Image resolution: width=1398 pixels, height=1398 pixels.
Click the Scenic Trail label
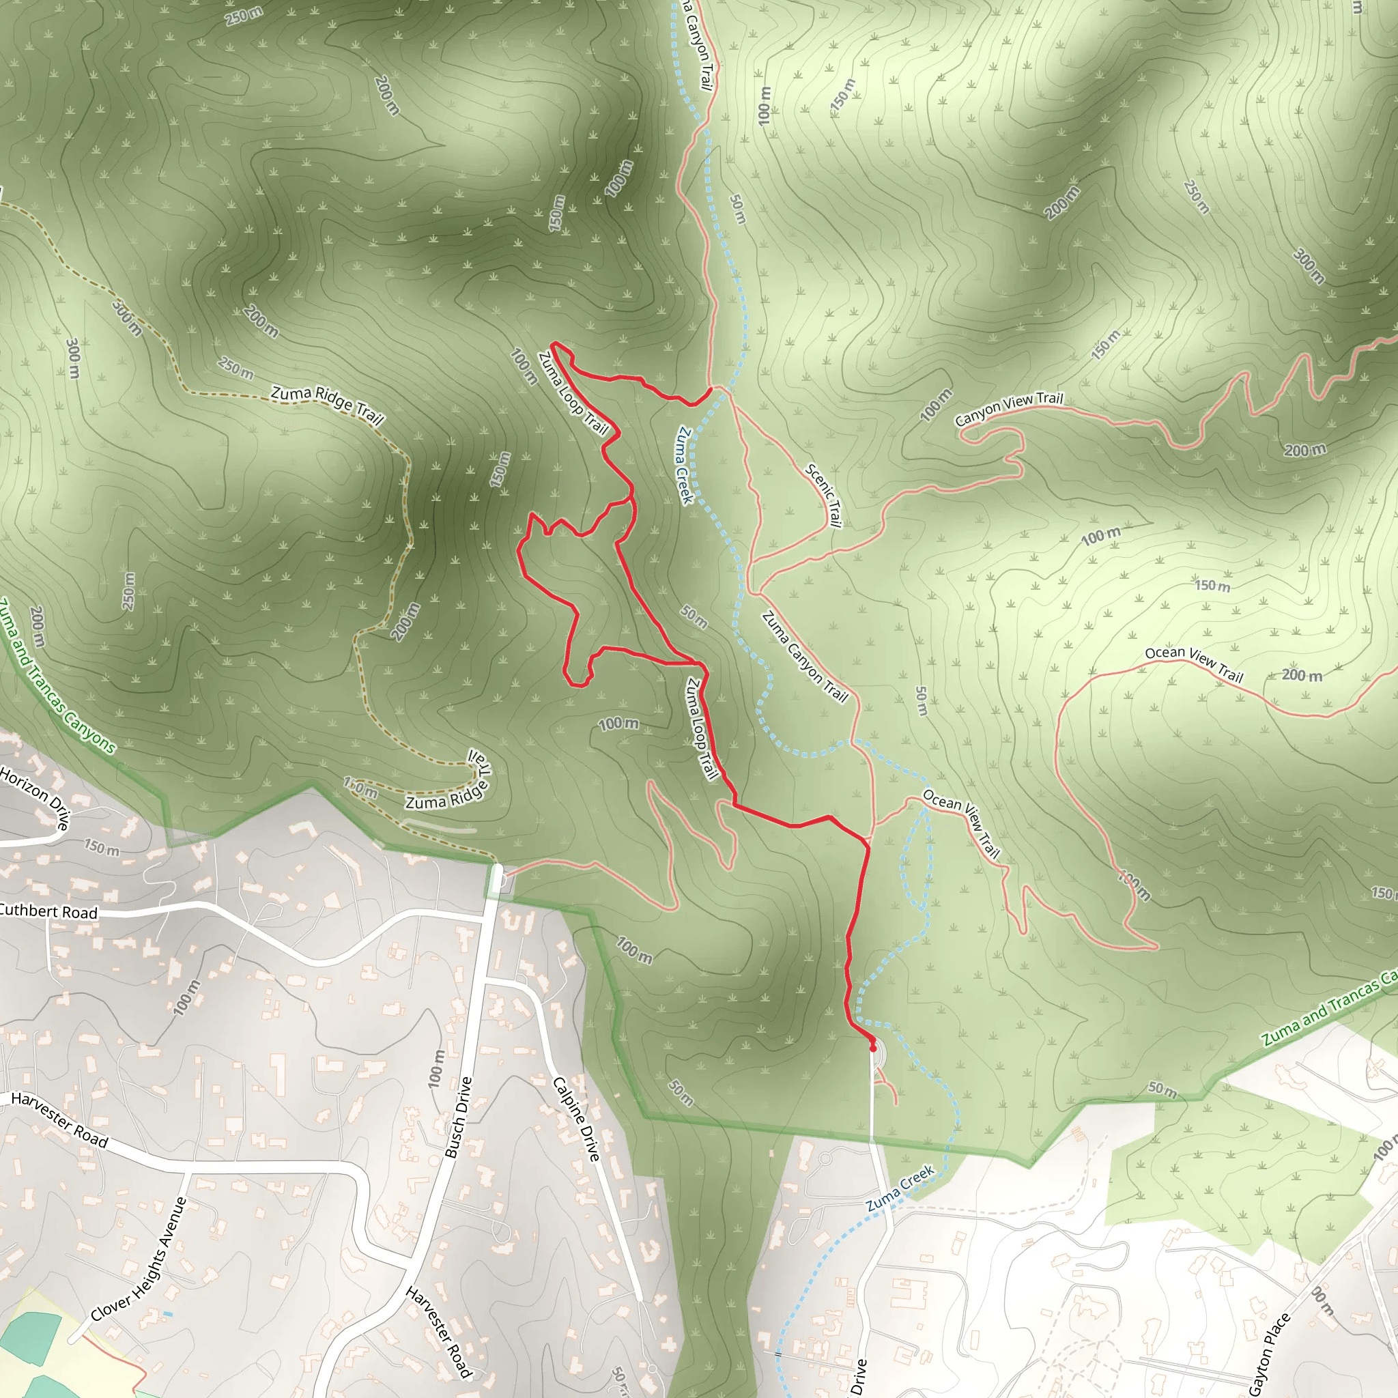point(824,496)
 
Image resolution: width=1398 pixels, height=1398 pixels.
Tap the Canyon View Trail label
point(1009,409)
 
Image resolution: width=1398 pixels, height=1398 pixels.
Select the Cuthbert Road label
point(48,912)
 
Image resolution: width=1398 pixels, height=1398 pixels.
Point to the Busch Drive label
point(458,1118)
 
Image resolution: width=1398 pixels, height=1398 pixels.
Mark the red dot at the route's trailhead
point(872,1047)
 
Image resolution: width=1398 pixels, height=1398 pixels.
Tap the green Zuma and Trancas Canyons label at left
point(57,676)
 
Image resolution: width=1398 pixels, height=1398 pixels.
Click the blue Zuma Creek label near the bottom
point(900,1189)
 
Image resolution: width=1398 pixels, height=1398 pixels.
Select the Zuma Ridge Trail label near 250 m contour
point(327,404)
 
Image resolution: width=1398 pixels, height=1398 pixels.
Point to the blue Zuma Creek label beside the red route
point(685,465)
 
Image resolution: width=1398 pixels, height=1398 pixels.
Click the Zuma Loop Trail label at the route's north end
point(573,393)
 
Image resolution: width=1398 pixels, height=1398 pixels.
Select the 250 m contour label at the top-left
point(244,16)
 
